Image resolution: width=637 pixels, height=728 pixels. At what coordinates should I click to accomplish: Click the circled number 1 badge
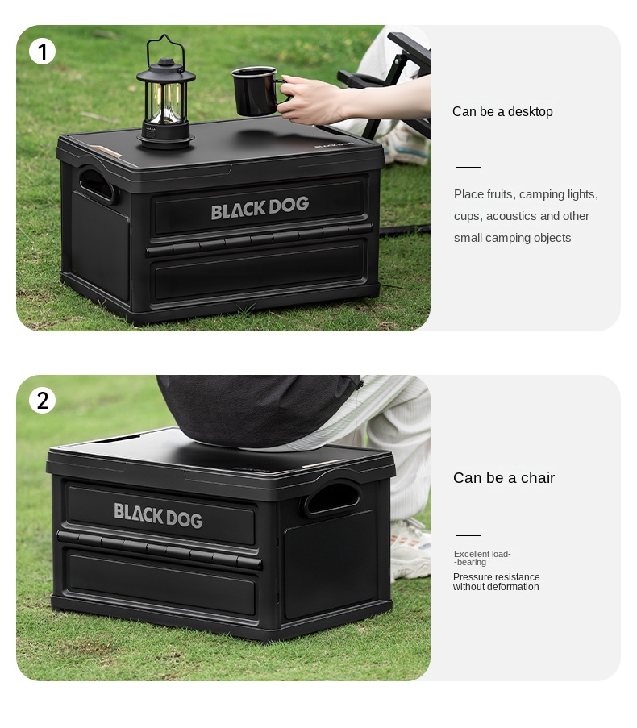point(42,52)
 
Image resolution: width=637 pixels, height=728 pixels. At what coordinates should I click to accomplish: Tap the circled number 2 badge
point(42,400)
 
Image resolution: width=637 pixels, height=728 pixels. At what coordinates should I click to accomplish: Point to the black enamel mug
point(256,91)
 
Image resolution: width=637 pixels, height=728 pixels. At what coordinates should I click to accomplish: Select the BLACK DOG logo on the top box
point(260,207)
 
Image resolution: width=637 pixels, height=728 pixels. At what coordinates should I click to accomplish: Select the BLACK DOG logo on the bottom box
point(158,515)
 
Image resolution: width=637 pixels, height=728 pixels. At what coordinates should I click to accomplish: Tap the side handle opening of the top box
point(97,184)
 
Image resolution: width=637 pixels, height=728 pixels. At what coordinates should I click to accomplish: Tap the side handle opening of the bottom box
point(333,497)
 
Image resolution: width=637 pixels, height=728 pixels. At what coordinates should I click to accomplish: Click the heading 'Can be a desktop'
point(502,112)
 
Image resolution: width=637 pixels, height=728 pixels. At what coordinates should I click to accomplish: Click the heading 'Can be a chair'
point(504,478)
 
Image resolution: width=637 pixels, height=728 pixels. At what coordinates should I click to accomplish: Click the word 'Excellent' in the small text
point(471,554)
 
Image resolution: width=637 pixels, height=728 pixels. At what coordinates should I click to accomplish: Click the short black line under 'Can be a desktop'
point(468,167)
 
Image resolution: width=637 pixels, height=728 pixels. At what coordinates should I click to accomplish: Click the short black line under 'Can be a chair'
point(468,535)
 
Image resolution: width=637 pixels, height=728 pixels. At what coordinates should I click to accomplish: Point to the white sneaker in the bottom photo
point(410,550)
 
